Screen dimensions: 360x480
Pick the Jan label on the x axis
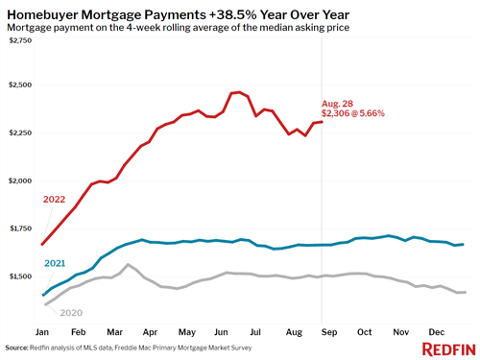(41, 331)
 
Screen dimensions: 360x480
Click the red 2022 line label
(55, 200)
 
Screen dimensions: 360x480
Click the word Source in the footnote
(19, 348)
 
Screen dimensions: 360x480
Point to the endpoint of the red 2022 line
(321, 121)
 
